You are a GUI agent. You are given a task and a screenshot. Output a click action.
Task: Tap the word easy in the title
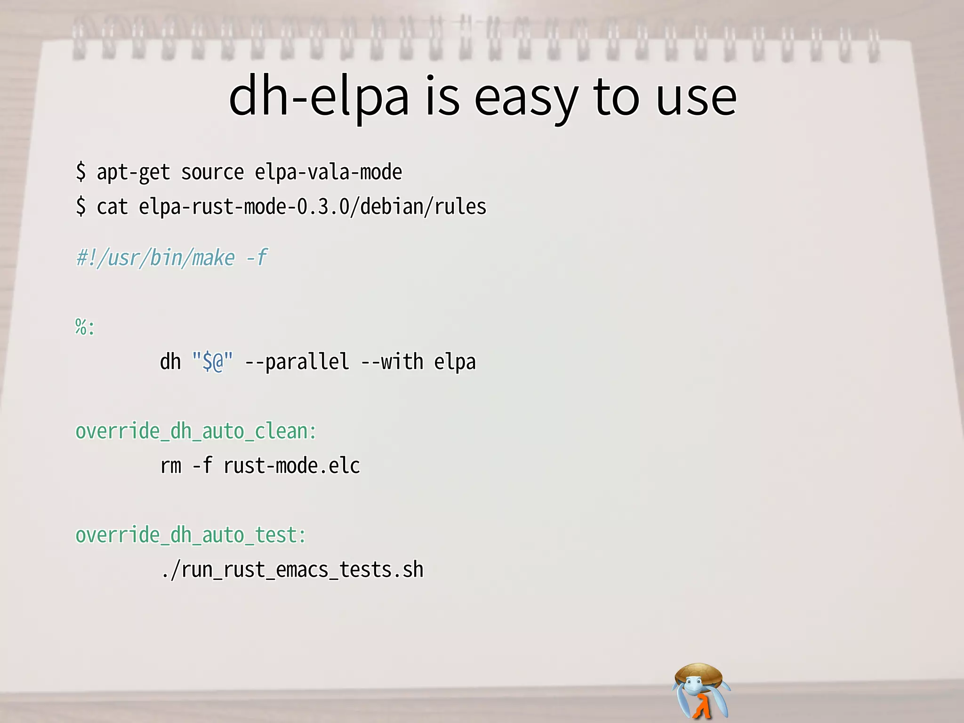tap(526, 99)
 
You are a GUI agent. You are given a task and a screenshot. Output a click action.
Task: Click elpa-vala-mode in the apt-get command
tap(328, 172)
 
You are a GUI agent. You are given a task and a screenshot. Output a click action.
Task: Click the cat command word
tap(112, 207)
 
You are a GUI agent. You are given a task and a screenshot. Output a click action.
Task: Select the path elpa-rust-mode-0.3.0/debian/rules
tap(312, 207)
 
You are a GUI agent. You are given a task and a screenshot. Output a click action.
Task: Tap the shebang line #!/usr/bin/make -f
tap(171, 258)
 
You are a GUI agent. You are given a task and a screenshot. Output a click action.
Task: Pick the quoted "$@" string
tap(212, 362)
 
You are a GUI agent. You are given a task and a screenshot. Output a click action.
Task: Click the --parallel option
tap(297, 362)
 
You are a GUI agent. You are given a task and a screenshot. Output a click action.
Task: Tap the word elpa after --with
tap(455, 362)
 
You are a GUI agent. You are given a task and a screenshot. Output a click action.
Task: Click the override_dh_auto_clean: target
tap(196, 431)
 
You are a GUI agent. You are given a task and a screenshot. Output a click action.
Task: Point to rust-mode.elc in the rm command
tap(291, 466)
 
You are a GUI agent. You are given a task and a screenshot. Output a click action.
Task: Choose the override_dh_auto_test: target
tap(191, 535)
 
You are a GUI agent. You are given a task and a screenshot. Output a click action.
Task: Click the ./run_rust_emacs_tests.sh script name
tap(292, 570)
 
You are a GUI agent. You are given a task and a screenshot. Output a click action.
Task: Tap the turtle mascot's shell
tap(699, 673)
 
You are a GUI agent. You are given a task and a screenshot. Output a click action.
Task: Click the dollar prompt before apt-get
tap(81, 172)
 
